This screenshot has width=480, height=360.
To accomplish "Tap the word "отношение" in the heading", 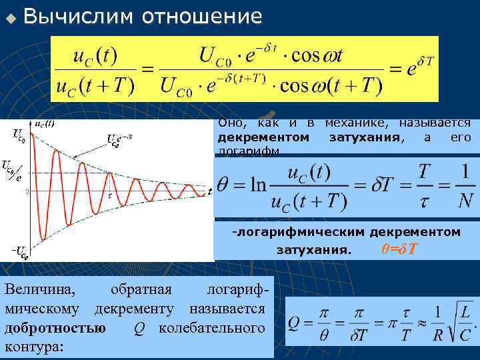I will [x=202, y=17].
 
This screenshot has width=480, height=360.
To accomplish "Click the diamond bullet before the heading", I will [x=9, y=17].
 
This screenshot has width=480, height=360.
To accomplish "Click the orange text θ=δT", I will [x=399, y=249].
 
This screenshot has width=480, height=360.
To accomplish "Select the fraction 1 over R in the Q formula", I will [x=437, y=323].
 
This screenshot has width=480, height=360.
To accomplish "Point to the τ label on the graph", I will [x=110, y=195].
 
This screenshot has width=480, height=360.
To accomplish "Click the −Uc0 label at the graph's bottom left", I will [x=19, y=251].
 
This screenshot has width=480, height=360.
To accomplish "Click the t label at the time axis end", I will [x=209, y=192].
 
